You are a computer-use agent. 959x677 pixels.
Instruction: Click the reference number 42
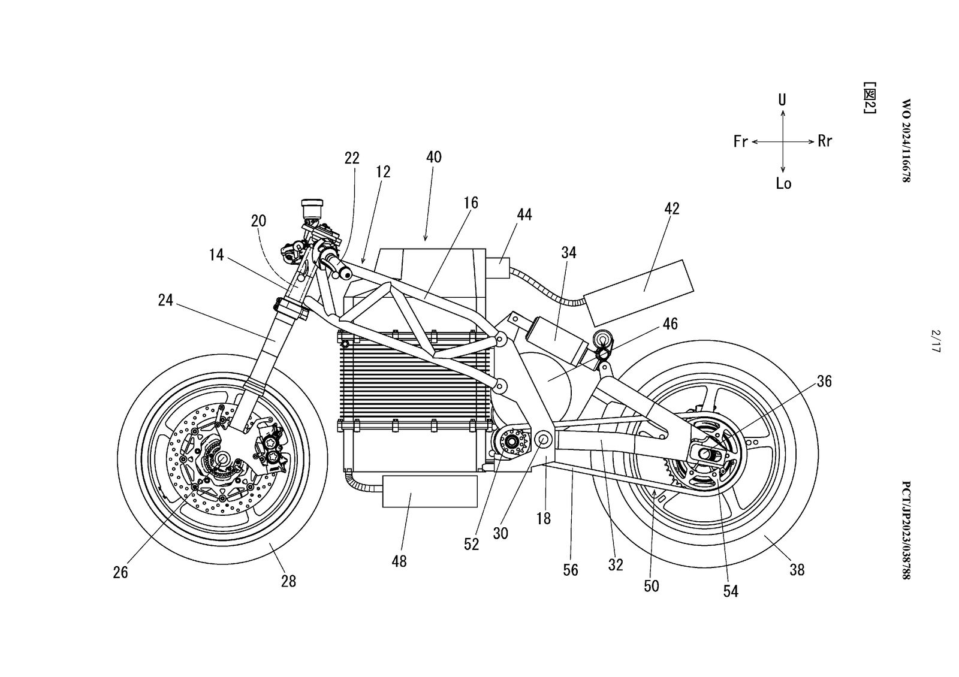coord(672,208)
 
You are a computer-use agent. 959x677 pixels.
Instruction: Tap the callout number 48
coord(399,561)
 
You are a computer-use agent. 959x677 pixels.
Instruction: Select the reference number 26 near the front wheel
coord(120,572)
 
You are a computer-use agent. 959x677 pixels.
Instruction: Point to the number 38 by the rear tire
coord(797,570)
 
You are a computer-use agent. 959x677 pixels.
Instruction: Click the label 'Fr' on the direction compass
coord(741,142)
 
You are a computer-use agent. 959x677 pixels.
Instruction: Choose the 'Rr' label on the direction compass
coord(825,141)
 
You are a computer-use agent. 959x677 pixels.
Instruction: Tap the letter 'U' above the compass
coord(782,99)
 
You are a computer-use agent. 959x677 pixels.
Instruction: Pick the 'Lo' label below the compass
coord(783,183)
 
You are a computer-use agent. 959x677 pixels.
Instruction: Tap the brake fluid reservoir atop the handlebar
coord(312,208)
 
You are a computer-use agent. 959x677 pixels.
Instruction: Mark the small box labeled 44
coord(497,268)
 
